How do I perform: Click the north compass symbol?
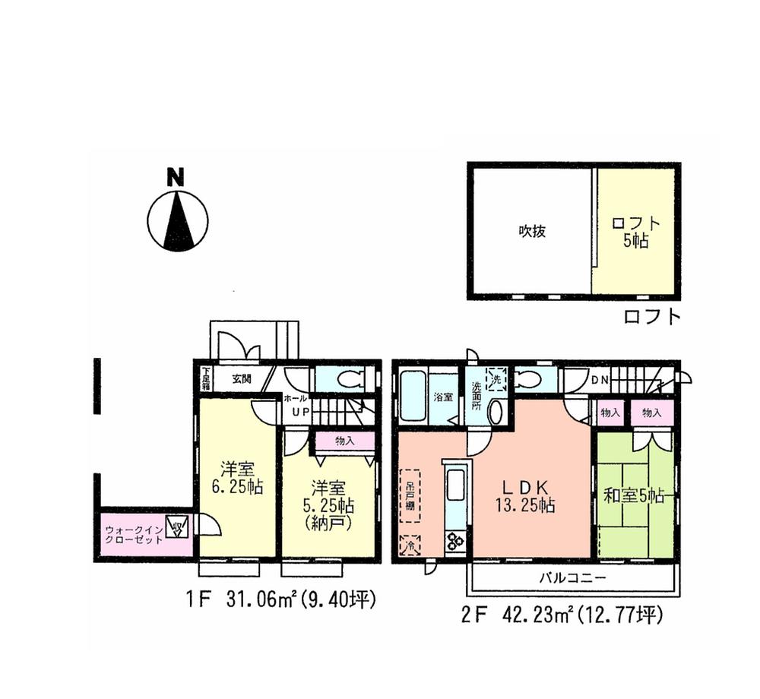(177, 217)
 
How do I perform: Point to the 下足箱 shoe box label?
(205, 378)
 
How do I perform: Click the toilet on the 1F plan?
(346, 378)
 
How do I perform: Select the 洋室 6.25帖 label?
(236, 478)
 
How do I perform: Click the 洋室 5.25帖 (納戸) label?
(328, 504)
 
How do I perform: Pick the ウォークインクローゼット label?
(134, 533)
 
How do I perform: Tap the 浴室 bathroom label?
(443, 397)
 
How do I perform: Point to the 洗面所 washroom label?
(476, 397)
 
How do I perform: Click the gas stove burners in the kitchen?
(456, 542)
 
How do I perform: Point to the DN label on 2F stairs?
(598, 379)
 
